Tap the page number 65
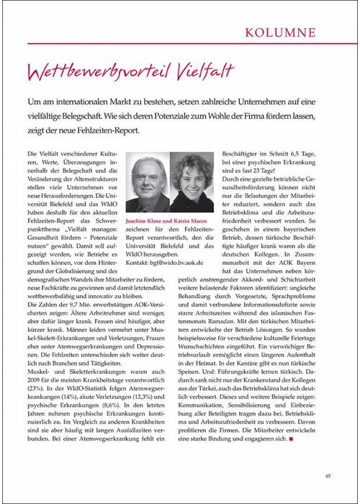(x=328, y=475)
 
